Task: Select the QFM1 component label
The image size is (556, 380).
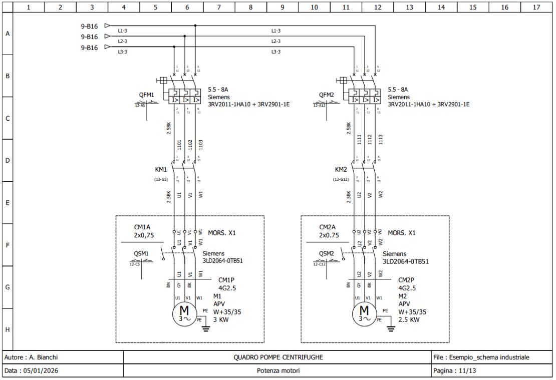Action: (x=147, y=95)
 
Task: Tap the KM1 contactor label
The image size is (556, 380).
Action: (x=161, y=169)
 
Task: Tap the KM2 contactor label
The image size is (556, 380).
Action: (x=341, y=169)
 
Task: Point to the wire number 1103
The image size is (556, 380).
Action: (x=201, y=145)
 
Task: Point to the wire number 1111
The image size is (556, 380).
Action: (x=359, y=141)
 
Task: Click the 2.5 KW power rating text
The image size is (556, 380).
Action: (x=409, y=319)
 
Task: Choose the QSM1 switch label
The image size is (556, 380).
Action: (x=141, y=253)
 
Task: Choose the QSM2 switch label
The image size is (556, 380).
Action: (x=327, y=253)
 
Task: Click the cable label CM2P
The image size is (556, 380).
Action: (x=406, y=280)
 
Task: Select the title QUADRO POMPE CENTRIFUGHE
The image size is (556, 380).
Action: (x=278, y=357)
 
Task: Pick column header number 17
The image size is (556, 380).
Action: (x=536, y=7)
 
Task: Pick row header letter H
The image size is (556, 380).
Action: (x=7, y=329)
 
